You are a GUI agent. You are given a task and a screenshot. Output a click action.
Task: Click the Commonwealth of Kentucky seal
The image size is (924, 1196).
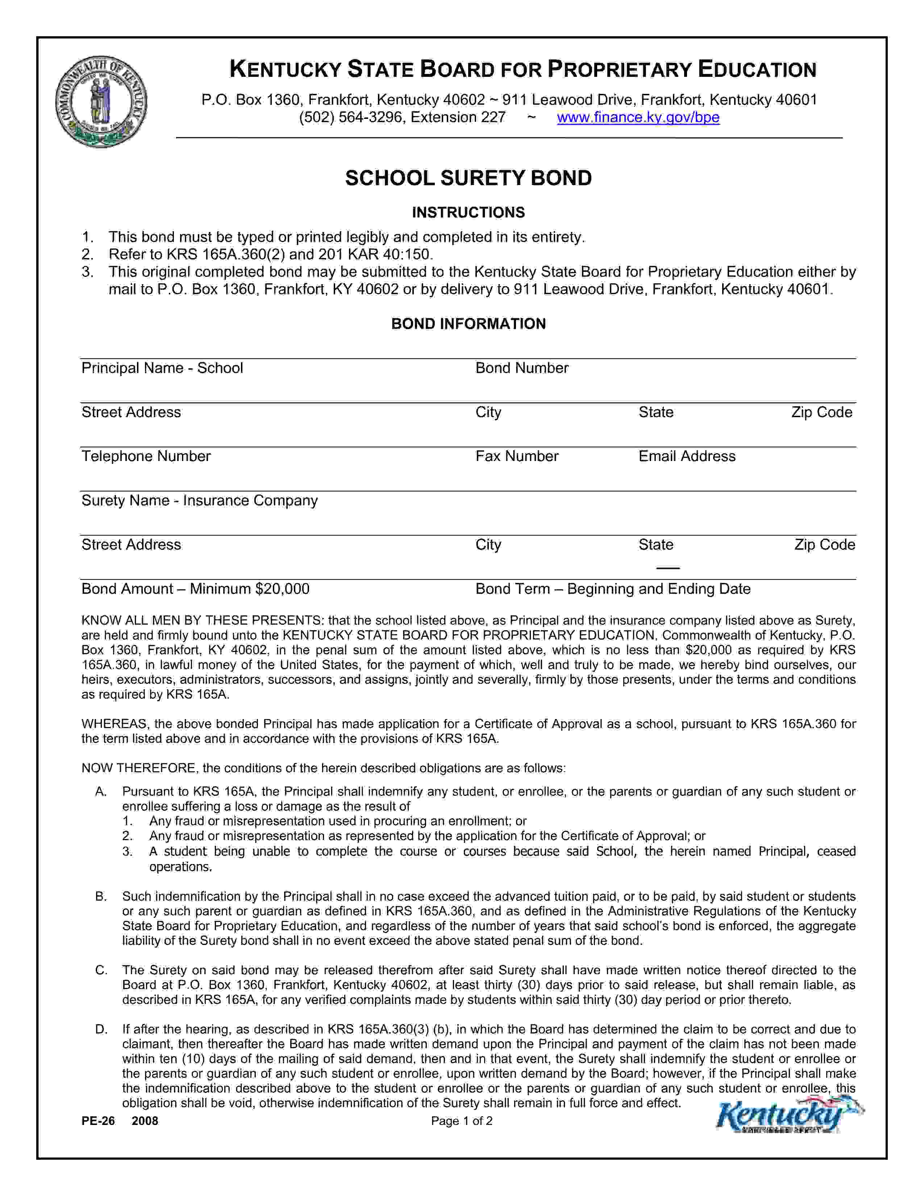pos(101,102)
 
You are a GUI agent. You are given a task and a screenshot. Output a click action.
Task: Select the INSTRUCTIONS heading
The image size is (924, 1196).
pos(468,212)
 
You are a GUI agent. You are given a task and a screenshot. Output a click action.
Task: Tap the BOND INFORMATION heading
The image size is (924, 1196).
pos(468,324)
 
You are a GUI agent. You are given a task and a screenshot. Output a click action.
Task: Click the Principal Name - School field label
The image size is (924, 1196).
pos(162,368)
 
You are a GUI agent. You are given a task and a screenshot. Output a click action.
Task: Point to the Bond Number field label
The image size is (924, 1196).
pos(522,368)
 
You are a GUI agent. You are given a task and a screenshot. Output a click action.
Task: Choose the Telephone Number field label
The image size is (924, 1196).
pos(146,456)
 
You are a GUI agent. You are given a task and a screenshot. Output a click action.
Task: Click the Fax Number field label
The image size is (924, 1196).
pos(517,456)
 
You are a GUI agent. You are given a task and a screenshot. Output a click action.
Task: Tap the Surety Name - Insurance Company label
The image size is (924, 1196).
pos(199,501)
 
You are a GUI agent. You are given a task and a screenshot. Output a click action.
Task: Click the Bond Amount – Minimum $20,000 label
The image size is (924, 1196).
pos(195,589)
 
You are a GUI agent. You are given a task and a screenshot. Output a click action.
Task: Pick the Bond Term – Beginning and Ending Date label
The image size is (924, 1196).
pos(612,589)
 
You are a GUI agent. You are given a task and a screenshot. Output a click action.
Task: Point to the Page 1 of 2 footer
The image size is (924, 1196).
pos(461,1121)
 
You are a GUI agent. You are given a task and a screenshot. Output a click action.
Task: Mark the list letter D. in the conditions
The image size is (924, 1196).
pos(101,1030)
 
